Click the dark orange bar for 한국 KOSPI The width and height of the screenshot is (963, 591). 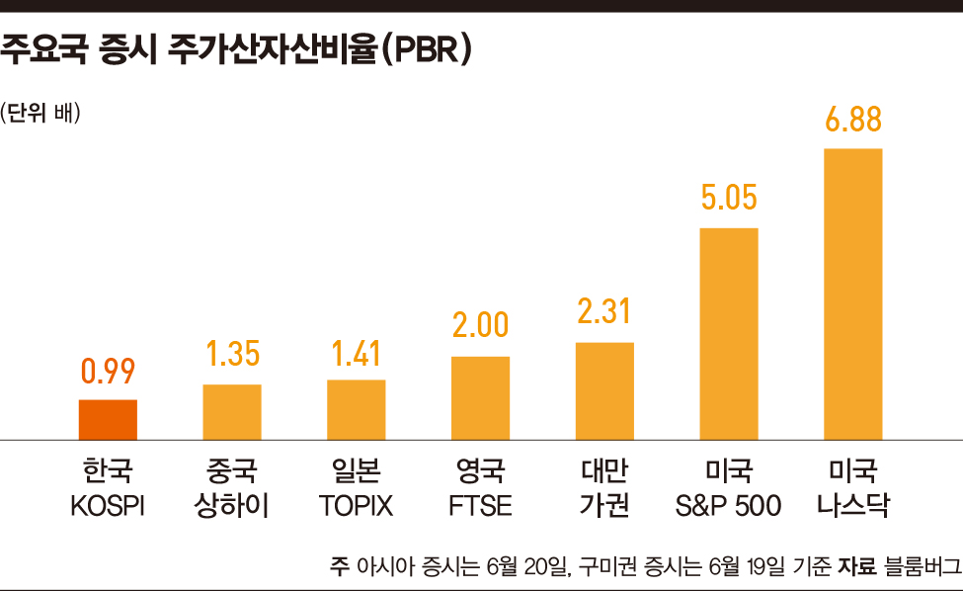click(x=108, y=419)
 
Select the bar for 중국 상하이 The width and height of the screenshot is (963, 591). click(x=232, y=411)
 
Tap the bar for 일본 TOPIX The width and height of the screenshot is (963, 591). click(x=357, y=409)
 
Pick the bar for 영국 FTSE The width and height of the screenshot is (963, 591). click(x=480, y=397)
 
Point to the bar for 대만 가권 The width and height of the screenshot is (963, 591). click(x=604, y=390)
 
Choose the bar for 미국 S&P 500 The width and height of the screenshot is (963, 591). click(x=729, y=333)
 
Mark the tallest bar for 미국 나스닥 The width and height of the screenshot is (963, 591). click(x=852, y=294)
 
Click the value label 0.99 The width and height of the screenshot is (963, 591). click(x=108, y=372)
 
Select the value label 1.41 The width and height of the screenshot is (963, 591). click(x=357, y=352)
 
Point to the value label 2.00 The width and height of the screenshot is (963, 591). click(x=480, y=327)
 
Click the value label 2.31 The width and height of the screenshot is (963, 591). click(x=604, y=313)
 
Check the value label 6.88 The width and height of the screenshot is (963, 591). click(x=852, y=120)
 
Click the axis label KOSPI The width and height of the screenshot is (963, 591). click(x=108, y=507)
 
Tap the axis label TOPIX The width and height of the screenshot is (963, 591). click(x=357, y=507)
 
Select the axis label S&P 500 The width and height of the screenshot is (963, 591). click(x=729, y=507)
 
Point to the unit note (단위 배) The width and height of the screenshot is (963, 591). click(x=41, y=112)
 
